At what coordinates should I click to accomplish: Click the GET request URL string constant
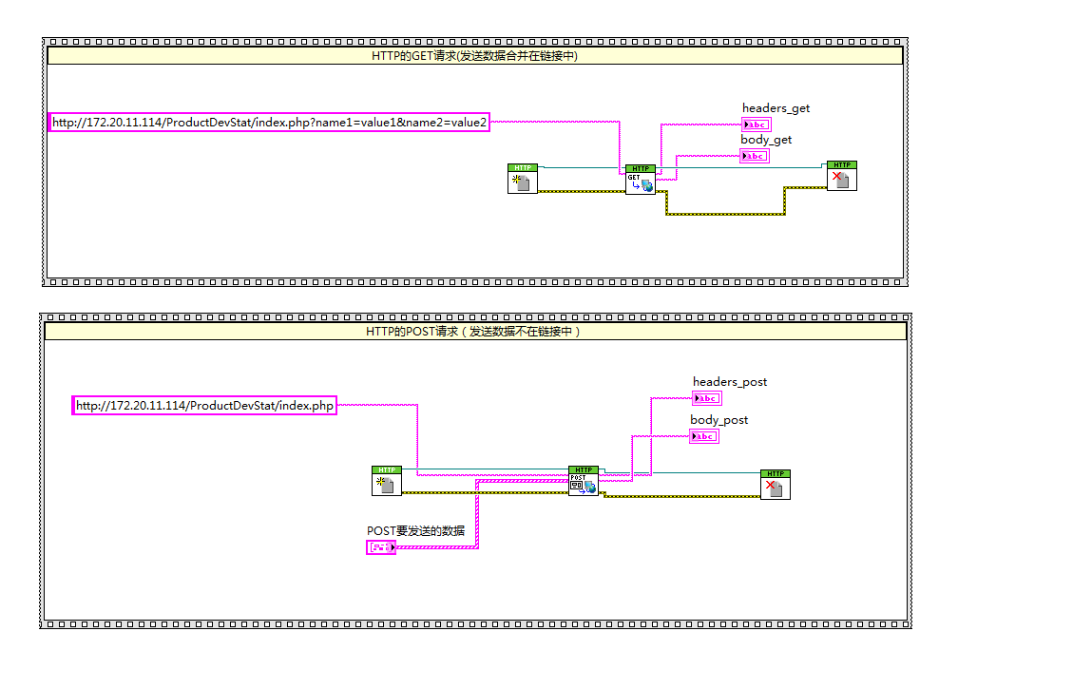click(269, 123)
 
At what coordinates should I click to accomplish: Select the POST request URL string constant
click(204, 406)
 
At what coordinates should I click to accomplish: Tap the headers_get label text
click(776, 108)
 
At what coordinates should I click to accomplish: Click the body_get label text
click(766, 140)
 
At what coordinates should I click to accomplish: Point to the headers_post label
click(730, 382)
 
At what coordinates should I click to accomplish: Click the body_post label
click(718, 420)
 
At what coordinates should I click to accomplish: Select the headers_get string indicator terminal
click(757, 124)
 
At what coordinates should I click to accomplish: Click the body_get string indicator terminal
click(755, 156)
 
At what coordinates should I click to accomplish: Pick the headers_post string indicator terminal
click(707, 398)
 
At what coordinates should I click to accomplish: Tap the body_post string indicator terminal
click(704, 436)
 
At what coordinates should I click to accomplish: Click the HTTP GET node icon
click(641, 179)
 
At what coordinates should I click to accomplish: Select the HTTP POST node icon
click(584, 481)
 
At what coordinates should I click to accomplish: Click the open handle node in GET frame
click(523, 179)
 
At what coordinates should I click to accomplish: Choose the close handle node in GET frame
click(841, 176)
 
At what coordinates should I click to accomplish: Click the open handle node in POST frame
click(387, 481)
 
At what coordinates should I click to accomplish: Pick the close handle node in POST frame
click(776, 485)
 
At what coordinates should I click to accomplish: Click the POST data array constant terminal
click(382, 547)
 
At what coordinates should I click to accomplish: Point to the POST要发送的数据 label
click(416, 530)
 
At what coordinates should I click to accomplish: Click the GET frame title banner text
click(474, 56)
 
